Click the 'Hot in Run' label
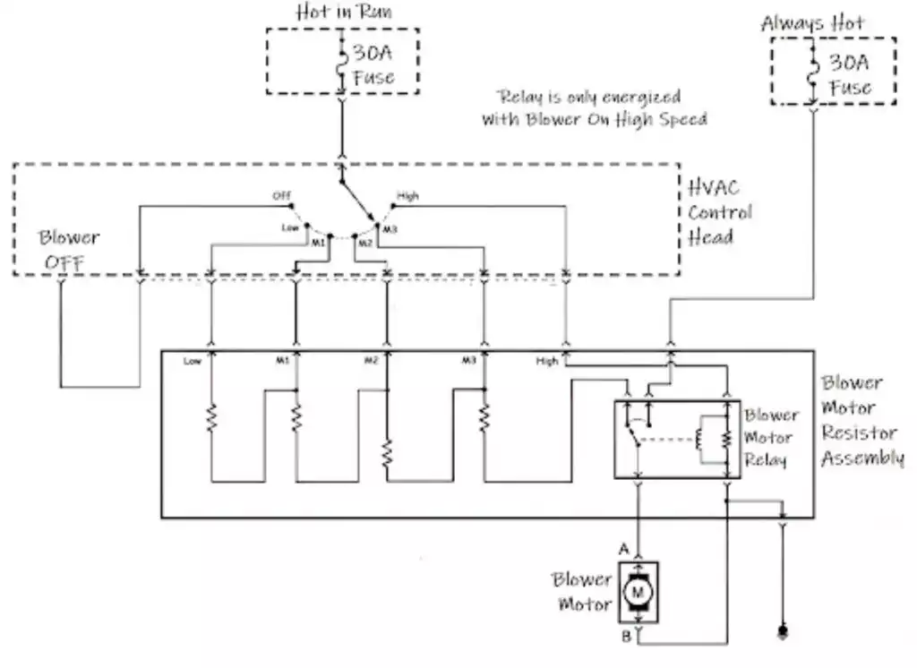click(x=342, y=13)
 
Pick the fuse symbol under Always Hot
click(x=813, y=77)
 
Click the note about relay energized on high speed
click(x=594, y=107)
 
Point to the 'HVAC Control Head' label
click(x=720, y=212)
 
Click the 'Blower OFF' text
click(x=69, y=251)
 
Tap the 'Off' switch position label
click(x=282, y=195)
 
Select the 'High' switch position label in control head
click(x=407, y=195)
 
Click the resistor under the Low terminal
click(x=211, y=417)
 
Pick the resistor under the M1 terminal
click(x=296, y=417)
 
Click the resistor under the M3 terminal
click(x=484, y=417)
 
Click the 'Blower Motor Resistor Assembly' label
click(x=861, y=420)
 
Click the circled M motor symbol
click(x=638, y=591)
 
